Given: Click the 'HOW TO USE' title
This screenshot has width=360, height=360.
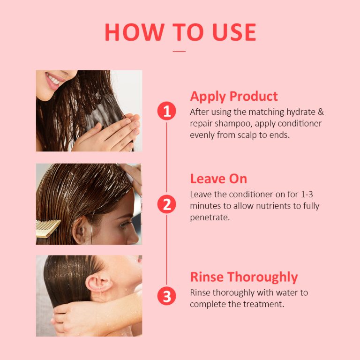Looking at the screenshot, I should [x=180, y=32].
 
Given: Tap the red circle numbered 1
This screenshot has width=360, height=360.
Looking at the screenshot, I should [x=166, y=112].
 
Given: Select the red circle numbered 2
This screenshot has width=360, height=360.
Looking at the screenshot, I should [x=166, y=204].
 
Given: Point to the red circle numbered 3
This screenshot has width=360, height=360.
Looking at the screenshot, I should [x=166, y=296].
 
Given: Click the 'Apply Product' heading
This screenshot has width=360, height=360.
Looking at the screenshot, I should [x=233, y=97].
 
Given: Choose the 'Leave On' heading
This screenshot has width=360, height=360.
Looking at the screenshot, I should [x=218, y=179].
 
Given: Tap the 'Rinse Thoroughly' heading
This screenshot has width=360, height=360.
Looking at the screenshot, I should [x=244, y=277].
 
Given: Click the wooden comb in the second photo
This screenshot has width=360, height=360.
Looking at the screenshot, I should [x=48, y=227].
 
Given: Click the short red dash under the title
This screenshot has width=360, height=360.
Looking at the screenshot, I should [x=180, y=51].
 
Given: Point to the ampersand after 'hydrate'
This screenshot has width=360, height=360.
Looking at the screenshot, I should [x=321, y=112].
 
